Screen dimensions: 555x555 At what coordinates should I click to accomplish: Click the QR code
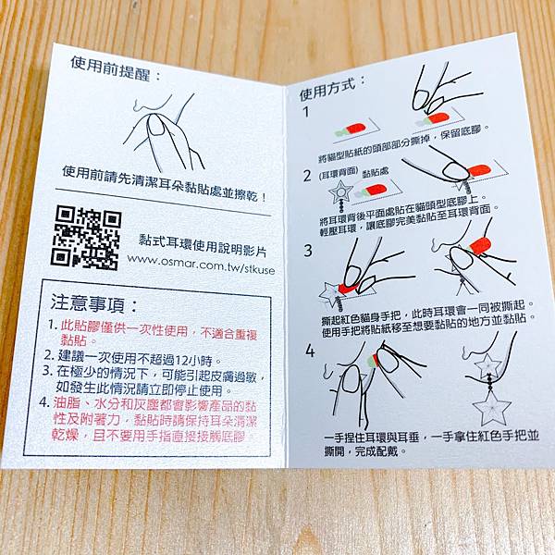(86, 239)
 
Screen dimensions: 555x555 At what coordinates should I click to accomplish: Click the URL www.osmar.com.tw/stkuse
(201, 264)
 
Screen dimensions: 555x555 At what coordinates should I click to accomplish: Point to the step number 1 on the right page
(306, 112)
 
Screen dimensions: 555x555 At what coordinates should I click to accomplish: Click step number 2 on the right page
(307, 176)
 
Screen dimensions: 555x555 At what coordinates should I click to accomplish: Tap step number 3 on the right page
(308, 251)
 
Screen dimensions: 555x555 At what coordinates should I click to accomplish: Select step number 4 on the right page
(310, 351)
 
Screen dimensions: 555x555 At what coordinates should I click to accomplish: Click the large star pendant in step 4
(492, 408)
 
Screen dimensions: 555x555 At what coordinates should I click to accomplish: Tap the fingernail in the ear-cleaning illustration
(157, 126)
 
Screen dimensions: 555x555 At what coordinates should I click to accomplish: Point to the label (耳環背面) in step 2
(338, 174)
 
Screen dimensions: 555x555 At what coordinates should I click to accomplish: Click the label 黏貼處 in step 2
(376, 173)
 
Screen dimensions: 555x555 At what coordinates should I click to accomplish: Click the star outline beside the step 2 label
(340, 192)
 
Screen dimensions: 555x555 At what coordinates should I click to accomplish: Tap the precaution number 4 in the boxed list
(43, 402)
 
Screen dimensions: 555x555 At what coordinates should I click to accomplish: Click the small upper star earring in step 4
(487, 364)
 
